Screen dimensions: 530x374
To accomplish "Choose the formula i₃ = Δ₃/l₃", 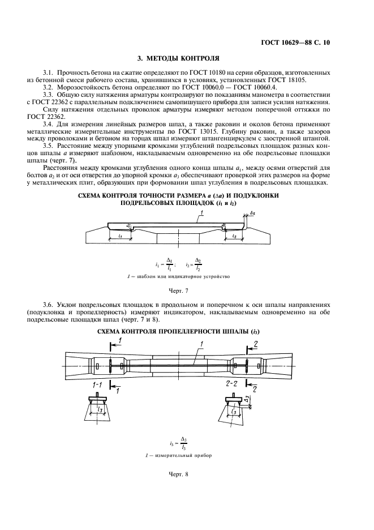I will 179,445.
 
